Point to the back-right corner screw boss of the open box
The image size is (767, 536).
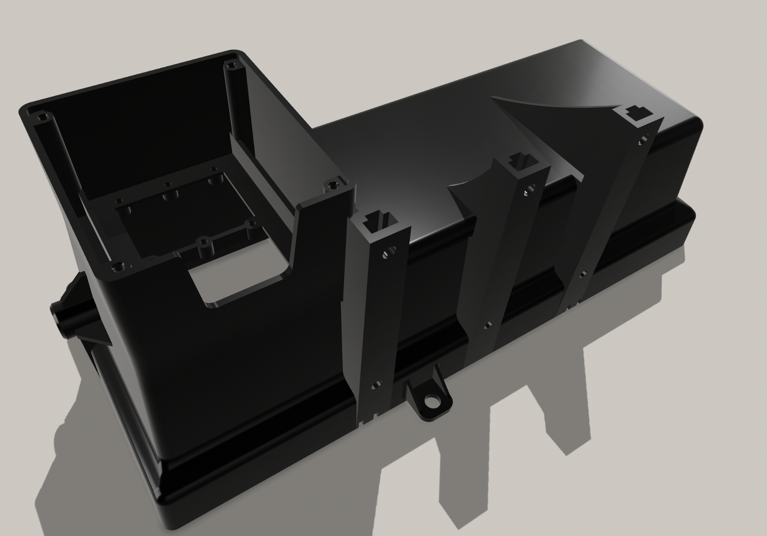[230, 65]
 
